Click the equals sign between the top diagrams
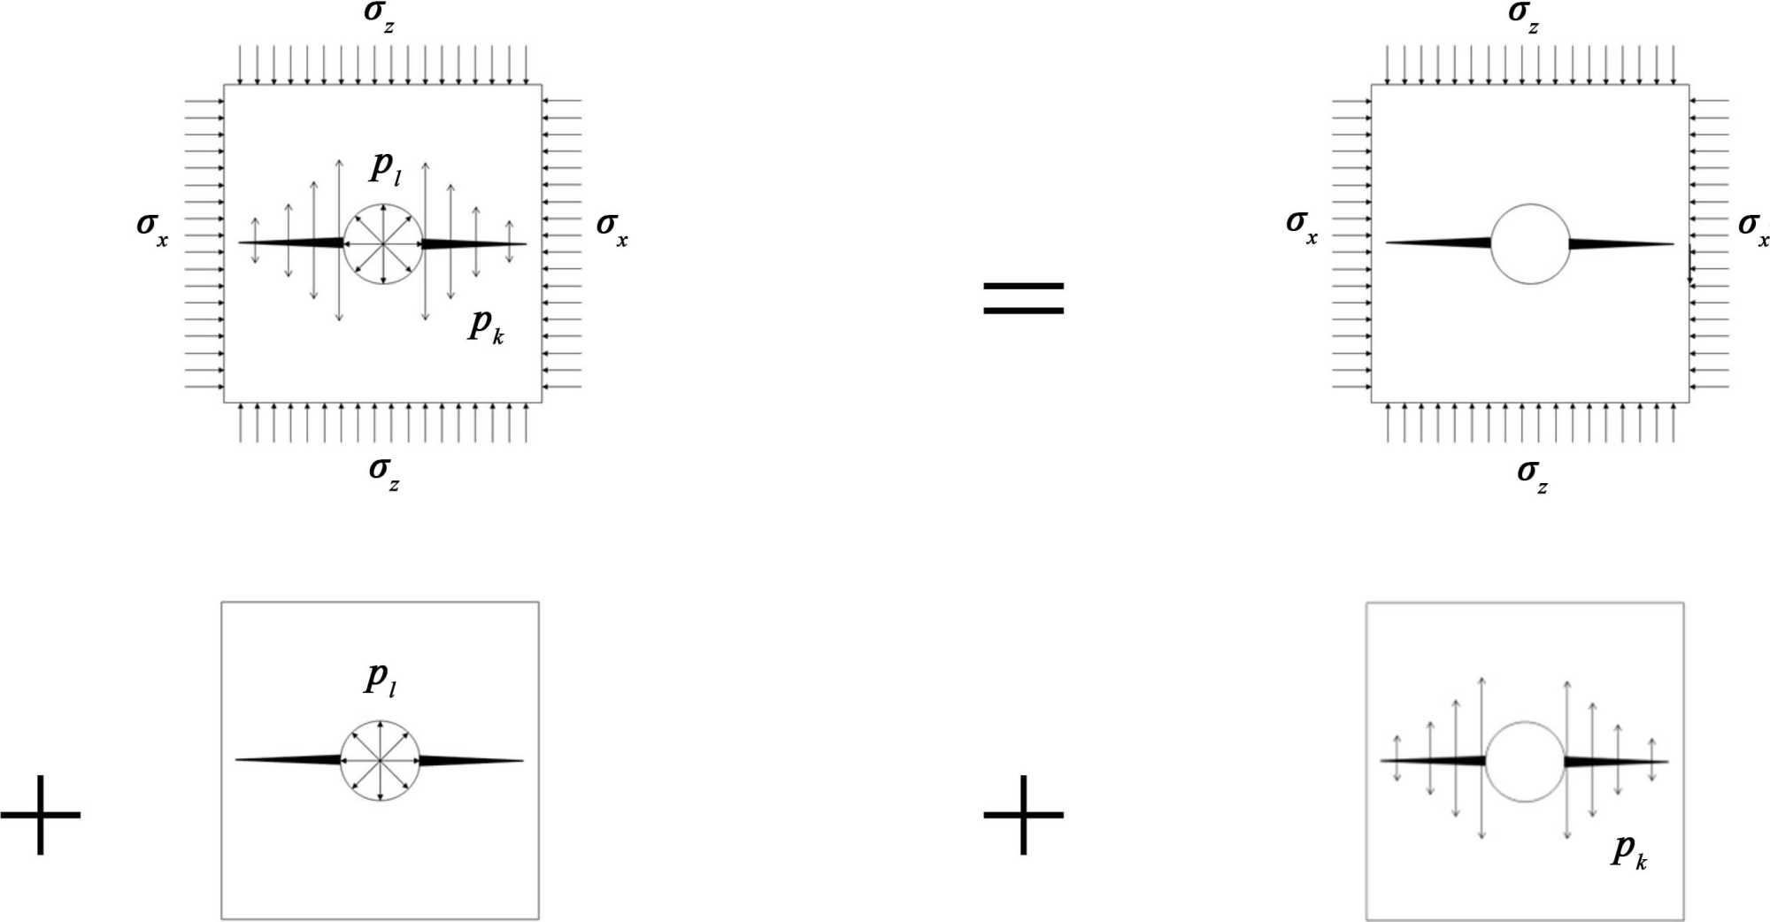(x=1023, y=297)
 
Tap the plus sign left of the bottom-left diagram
(x=40, y=814)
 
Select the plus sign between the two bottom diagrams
(x=1023, y=814)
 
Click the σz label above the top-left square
(x=380, y=17)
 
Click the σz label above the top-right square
(x=1523, y=17)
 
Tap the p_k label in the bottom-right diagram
(x=1628, y=851)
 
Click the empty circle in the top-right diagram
(x=1529, y=243)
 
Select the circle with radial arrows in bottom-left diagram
(x=380, y=760)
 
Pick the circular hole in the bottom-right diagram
(x=1524, y=761)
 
